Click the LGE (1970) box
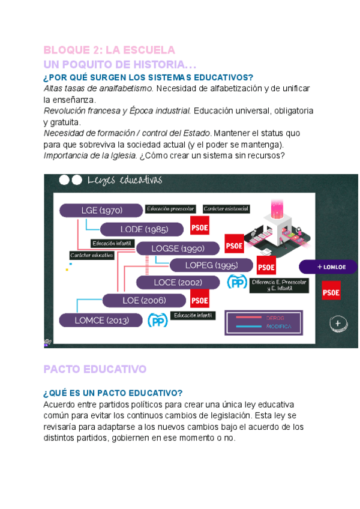(x=101, y=210)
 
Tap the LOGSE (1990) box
(x=178, y=248)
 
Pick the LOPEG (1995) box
(x=211, y=265)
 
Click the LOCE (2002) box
(x=177, y=282)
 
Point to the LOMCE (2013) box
(x=101, y=321)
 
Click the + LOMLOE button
(x=328, y=267)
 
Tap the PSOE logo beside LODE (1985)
(x=199, y=227)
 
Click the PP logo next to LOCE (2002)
(x=237, y=282)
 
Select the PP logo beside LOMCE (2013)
(x=157, y=321)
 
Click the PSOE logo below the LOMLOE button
(x=331, y=292)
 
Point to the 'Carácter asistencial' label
(x=226, y=209)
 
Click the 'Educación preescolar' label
(x=170, y=209)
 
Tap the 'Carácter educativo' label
(x=92, y=255)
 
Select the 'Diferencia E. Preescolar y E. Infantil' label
(x=279, y=285)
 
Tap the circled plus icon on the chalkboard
(x=338, y=323)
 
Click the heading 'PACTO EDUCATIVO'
(x=95, y=369)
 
